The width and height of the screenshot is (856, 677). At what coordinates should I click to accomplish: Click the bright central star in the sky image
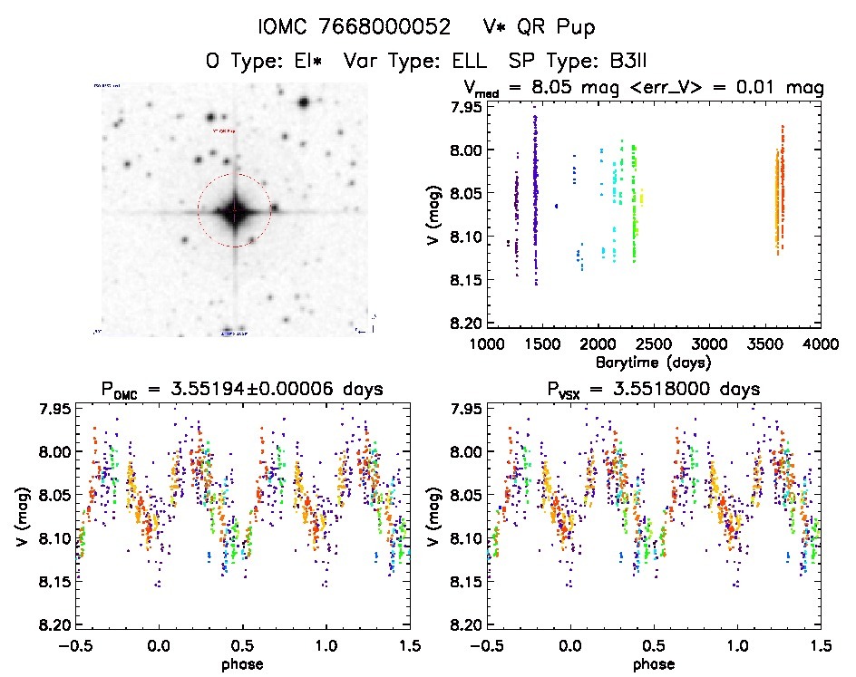pos(234,212)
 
